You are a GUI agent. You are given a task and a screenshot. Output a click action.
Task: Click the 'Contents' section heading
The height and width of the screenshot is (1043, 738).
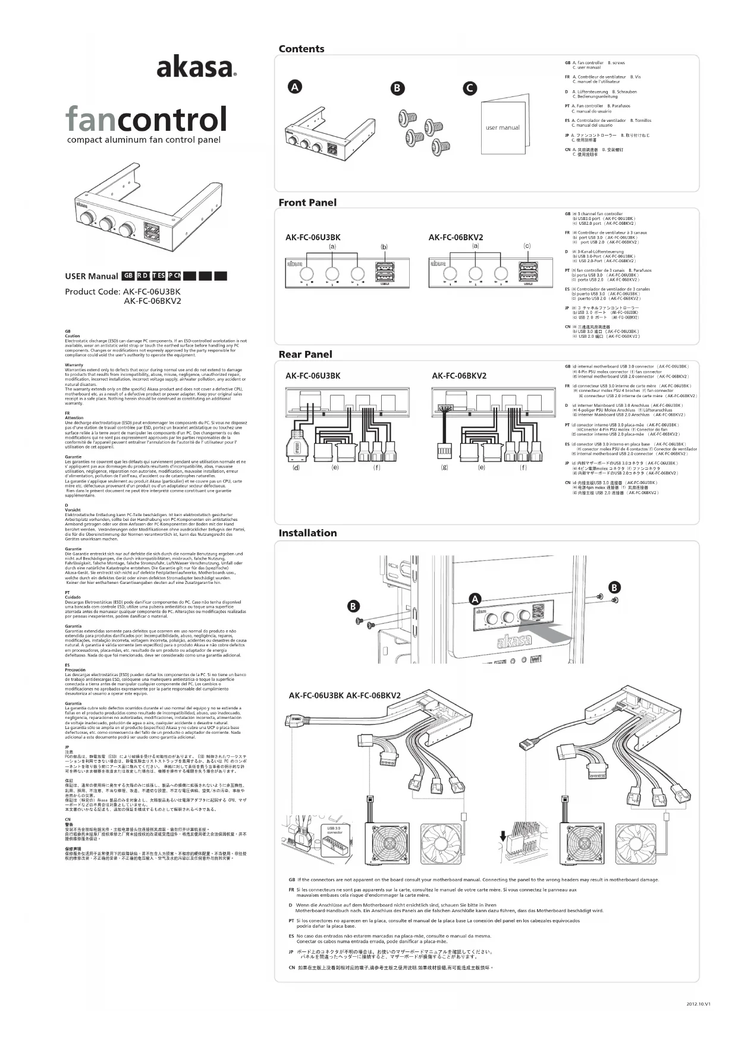pos(302,49)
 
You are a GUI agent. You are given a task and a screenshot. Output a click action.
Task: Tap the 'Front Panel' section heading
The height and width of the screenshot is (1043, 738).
pos(307,202)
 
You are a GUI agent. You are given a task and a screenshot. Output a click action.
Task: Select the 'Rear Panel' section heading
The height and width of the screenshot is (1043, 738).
pos(305,354)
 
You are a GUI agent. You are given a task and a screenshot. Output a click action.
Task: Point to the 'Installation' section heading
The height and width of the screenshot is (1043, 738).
pos(307,533)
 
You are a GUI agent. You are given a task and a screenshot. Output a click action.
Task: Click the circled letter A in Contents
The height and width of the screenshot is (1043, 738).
pos(294,87)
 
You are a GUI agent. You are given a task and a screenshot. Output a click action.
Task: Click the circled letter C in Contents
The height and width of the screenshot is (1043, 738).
pos(470,88)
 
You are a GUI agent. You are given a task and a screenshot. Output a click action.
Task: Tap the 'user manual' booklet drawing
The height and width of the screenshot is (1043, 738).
pos(503,125)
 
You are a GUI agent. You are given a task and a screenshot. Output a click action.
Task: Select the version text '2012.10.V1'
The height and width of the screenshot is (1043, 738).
pos(698,1004)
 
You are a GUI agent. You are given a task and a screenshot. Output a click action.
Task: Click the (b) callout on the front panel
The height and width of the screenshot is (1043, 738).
pos(384,246)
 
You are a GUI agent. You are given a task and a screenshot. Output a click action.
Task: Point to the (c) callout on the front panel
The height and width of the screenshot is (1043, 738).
pos(527,246)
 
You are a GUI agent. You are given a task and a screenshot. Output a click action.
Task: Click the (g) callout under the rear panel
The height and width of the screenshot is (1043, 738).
pos(444,467)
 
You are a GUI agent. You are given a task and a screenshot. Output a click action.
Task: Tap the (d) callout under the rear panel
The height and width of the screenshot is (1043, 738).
pos(296,467)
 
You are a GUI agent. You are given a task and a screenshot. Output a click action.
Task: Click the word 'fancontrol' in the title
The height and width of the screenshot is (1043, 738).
pos(146,120)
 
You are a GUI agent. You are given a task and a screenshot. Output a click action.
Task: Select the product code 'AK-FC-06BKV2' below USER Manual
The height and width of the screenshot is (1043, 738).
pos(152,301)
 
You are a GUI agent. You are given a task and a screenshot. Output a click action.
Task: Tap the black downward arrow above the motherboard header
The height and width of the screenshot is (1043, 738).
pos(504,837)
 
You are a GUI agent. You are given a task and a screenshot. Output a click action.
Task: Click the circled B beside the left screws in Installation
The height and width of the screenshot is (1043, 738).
pos(353,607)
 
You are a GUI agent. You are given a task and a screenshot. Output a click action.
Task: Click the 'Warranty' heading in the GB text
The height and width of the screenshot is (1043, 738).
pos(74,365)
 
